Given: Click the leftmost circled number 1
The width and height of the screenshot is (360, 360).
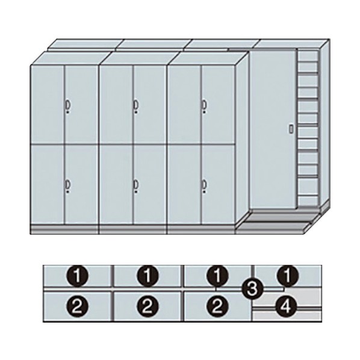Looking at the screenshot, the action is click(78, 276).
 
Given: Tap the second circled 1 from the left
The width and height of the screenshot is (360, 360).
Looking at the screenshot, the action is click(148, 276).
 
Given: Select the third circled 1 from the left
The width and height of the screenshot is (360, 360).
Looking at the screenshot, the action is click(218, 276).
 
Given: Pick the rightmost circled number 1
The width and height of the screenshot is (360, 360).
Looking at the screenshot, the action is click(287, 276).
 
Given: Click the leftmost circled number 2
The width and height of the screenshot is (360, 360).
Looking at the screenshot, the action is click(78, 306).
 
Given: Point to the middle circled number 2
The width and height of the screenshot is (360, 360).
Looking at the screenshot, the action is click(148, 306).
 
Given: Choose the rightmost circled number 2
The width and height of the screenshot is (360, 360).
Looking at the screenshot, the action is click(218, 306).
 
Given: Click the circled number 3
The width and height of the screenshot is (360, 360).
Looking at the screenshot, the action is click(253, 289).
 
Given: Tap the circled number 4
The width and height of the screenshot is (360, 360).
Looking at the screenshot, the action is click(287, 306).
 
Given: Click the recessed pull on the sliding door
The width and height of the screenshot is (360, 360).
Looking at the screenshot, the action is click(291, 129).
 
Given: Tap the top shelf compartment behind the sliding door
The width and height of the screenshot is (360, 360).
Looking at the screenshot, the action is click(308, 55).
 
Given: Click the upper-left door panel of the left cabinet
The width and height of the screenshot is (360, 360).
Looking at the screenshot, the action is click(48, 105).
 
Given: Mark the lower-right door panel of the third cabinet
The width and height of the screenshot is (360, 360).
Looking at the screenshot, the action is click(218, 184).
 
